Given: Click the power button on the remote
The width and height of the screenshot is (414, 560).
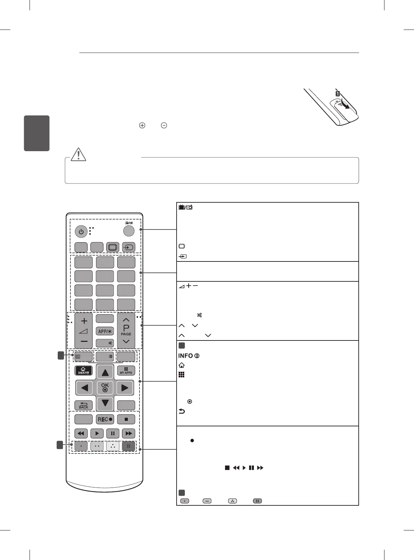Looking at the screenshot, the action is coord(81,232).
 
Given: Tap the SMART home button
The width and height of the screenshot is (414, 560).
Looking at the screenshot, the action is coord(83,370).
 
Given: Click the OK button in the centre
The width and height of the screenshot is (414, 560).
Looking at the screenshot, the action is coord(105,388).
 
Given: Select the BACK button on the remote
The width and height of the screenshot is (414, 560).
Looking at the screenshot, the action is coord(83,405).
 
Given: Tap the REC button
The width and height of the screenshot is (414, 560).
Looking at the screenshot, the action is coord(105,419).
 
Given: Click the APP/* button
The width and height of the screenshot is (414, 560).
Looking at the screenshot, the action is coord(105,331).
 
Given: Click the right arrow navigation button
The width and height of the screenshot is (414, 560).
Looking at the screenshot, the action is coord(125,388).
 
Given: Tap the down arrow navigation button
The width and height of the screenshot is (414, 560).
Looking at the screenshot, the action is coord(105,403).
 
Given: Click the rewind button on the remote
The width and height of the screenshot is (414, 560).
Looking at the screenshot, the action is coord(81,434).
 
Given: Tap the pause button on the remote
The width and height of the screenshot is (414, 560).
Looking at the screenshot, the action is coord(113,434).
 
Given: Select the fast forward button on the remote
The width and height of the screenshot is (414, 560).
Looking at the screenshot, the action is coord(129,434).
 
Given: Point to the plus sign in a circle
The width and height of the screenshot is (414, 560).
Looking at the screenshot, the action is coord(142,125).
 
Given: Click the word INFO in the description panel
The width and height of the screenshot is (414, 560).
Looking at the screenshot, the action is coord(186,356).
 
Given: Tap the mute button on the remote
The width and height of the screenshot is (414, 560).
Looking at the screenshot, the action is coord(105,343).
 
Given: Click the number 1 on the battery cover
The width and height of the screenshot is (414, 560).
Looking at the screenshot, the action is coord(338,93).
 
